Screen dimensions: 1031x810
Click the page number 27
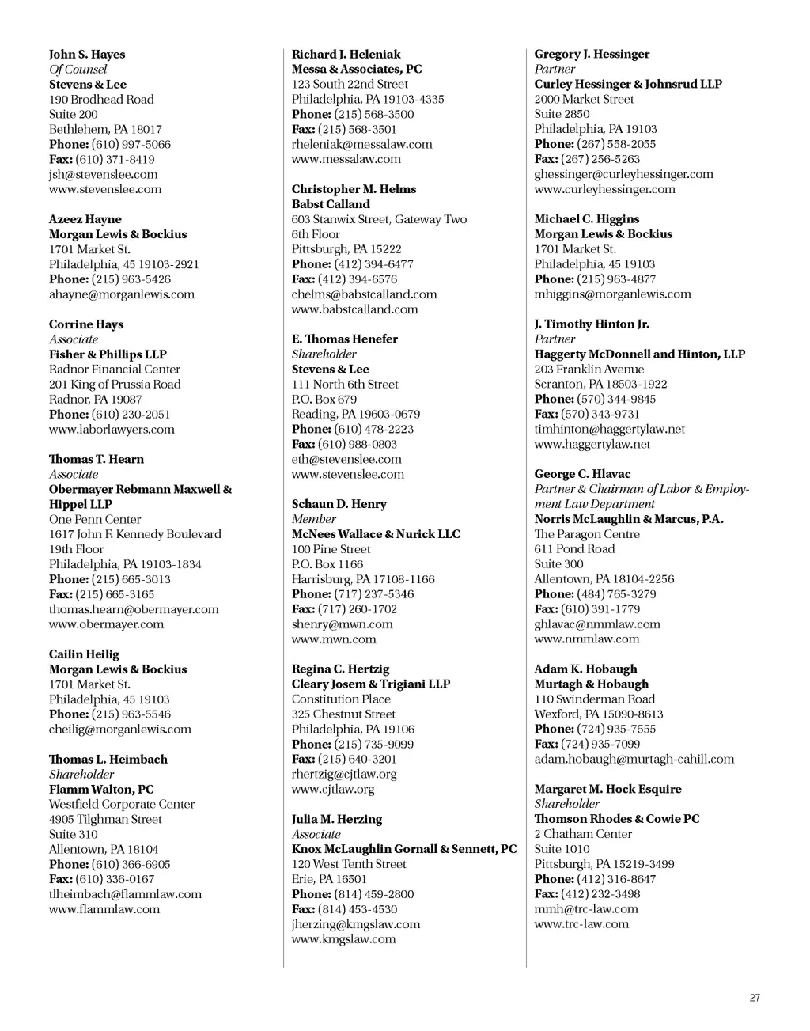click(x=755, y=998)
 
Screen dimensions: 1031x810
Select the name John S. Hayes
click(x=87, y=55)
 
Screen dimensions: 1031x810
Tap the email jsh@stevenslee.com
click(x=103, y=174)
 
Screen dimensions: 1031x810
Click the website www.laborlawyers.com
click(x=112, y=430)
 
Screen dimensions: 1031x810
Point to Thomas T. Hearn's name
click(x=97, y=460)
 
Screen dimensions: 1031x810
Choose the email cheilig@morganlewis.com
click(x=120, y=730)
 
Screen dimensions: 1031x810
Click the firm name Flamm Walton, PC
click(x=101, y=790)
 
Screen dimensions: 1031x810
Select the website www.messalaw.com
click(x=346, y=159)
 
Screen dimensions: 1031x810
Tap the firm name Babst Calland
click(x=331, y=204)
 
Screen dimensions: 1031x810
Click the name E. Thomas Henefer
click(x=345, y=339)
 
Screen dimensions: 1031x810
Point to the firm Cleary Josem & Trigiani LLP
click(x=371, y=684)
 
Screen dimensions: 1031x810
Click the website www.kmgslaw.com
click(x=343, y=939)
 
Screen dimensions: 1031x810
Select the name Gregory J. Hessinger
click(x=592, y=55)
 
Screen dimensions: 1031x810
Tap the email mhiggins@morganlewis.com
click(x=612, y=294)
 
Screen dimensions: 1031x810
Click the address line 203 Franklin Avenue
click(x=589, y=370)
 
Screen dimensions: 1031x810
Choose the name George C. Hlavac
click(x=582, y=474)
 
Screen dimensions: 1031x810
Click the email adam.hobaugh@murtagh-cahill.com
click(x=634, y=760)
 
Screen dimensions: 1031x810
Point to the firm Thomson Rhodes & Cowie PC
click(x=617, y=819)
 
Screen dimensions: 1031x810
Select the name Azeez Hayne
click(x=85, y=220)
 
